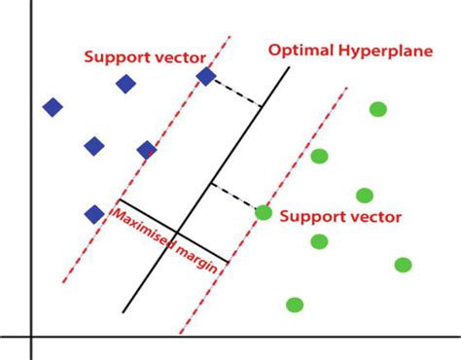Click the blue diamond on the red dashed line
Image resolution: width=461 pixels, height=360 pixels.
[206, 76]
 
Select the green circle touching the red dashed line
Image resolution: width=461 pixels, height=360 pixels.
[263, 212]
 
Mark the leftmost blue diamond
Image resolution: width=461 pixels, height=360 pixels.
[53, 106]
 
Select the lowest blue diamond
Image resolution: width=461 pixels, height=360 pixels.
[94, 214]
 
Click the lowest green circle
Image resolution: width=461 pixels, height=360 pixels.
[295, 305]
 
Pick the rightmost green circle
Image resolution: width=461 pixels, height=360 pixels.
[403, 265]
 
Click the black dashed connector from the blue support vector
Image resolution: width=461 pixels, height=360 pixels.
[237, 91]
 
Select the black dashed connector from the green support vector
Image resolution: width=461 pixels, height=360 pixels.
[234, 195]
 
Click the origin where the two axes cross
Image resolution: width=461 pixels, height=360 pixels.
[31, 337]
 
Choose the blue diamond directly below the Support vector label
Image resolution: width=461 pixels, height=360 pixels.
[125, 84]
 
